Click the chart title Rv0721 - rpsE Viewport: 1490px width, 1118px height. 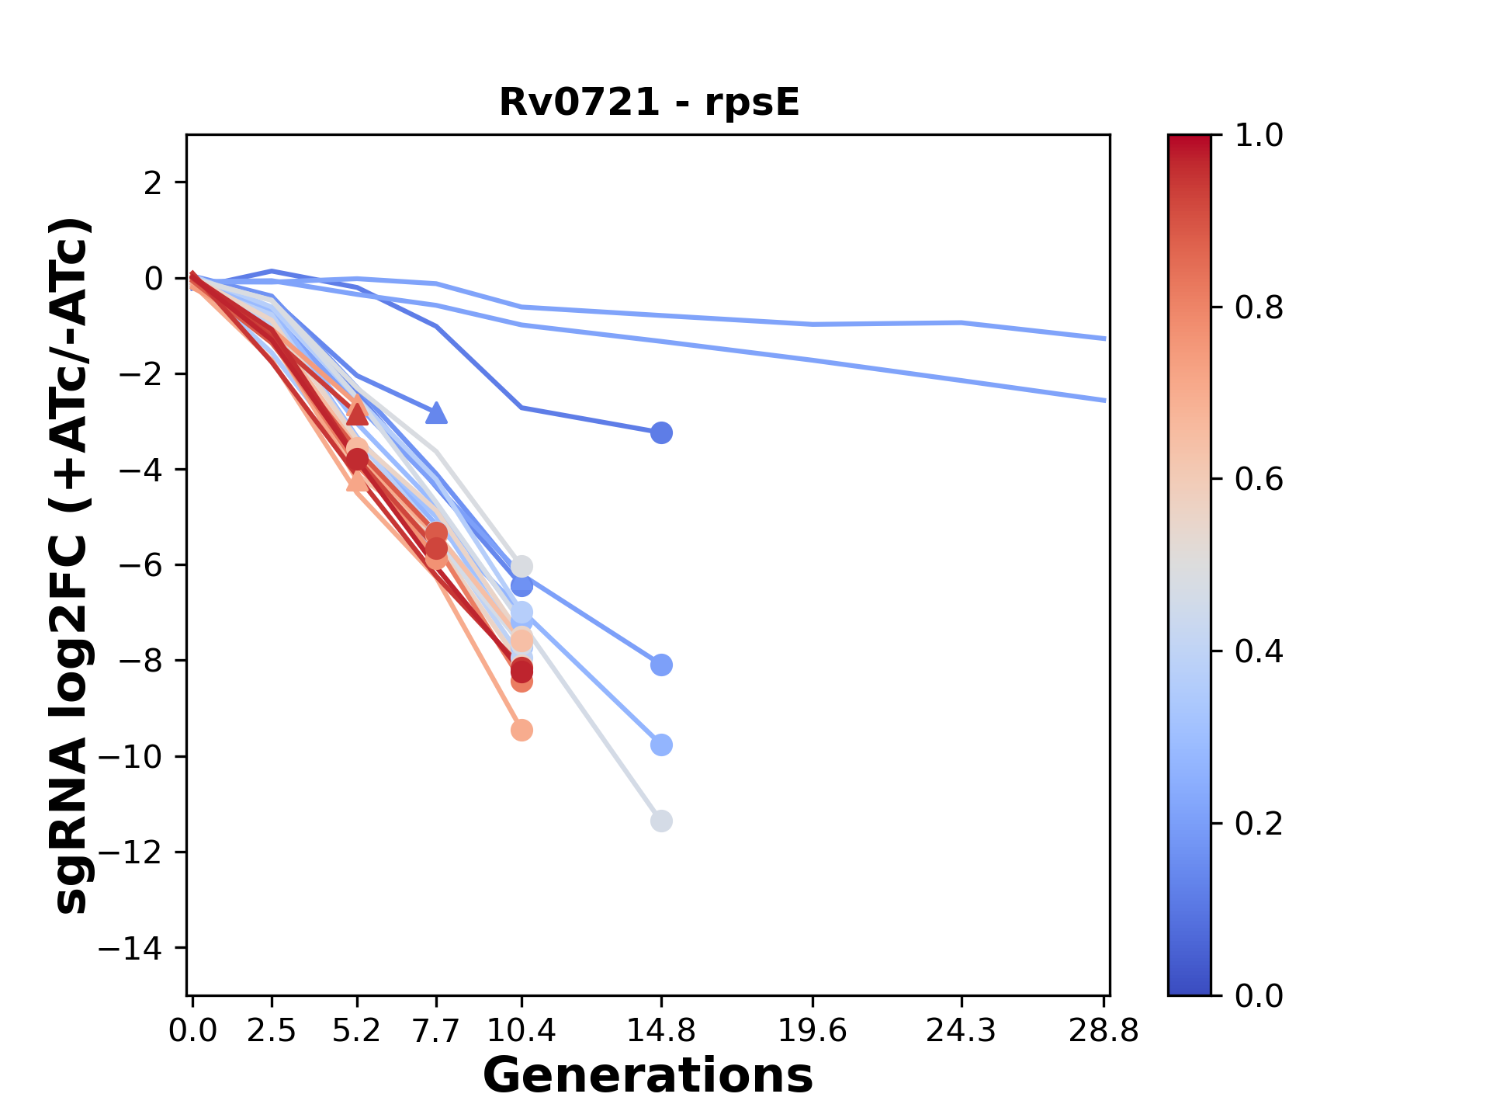point(649,102)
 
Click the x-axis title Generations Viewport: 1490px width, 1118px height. point(648,1076)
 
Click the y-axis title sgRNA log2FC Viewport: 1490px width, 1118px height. point(71,565)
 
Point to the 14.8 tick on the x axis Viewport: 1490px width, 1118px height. point(661,1030)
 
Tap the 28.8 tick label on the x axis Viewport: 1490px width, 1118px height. point(1104,1030)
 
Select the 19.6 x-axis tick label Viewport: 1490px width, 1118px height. point(813,1030)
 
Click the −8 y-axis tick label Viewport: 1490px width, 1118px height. point(140,661)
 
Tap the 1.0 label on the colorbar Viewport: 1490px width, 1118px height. point(1259,136)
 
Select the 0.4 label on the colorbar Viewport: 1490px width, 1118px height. point(1259,651)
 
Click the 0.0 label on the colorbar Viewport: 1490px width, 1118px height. point(1259,995)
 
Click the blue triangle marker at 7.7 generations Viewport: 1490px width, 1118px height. point(437,413)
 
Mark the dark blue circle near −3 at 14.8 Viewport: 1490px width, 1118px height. point(661,433)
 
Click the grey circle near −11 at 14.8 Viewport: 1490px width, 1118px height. point(661,821)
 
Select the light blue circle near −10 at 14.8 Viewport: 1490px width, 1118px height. point(661,745)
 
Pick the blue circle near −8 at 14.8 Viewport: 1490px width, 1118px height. point(661,665)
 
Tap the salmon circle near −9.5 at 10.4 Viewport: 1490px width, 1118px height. point(521,731)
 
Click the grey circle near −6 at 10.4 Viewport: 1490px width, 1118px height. point(521,566)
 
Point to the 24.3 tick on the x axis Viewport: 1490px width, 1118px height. point(962,1030)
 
